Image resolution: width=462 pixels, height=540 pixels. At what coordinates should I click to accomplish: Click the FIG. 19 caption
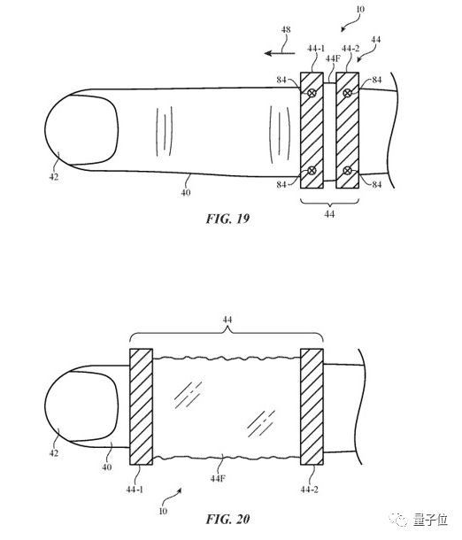click(x=227, y=219)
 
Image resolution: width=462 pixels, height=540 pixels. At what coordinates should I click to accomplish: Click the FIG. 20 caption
click(x=227, y=519)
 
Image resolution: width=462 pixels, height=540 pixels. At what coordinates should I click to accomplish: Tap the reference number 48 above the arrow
click(x=286, y=29)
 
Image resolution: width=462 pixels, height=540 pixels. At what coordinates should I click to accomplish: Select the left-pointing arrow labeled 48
click(x=280, y=53)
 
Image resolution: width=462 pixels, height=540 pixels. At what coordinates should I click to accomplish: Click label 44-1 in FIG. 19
click(x=316, y=49)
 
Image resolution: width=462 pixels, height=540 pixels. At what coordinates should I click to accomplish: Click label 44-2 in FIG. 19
click(x=350, y=49)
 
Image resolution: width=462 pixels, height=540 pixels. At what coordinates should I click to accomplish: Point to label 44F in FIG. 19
click(x=333, y=59)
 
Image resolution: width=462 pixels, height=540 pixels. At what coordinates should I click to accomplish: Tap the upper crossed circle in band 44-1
click(x=312, y=93)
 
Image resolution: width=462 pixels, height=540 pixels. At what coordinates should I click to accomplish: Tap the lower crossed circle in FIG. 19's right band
click(x=348, y=170)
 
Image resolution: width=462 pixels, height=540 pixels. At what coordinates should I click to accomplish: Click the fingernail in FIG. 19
click(x=81, y=129)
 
